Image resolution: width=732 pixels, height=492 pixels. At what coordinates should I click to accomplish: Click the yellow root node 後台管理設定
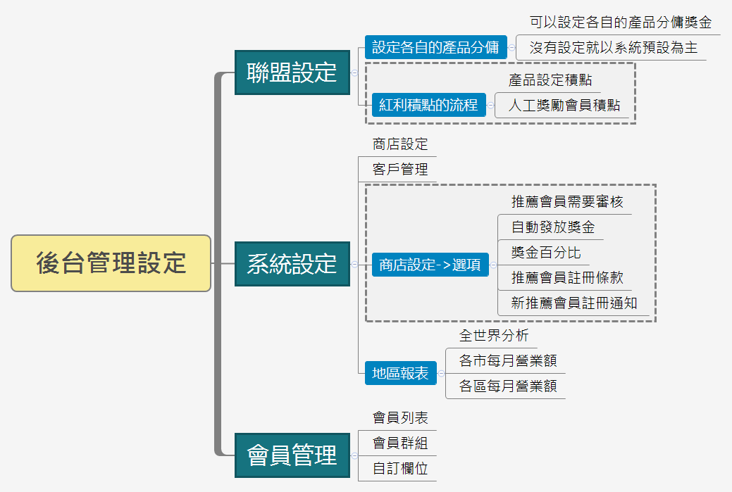click(x=111, y=263)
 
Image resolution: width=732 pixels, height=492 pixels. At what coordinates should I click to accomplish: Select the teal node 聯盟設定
click(x=292, y=72)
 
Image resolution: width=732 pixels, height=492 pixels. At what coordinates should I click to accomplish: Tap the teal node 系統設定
click(x=292, y=264)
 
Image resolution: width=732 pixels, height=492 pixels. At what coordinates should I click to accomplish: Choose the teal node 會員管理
click(x=292, y=455)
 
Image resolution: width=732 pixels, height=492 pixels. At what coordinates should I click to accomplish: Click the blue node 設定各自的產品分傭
click(x=435, y=47)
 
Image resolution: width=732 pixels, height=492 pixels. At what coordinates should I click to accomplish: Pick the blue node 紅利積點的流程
click(x=428, y=106)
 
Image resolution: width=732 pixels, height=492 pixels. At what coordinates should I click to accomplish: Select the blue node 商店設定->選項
click(x=430, y=265)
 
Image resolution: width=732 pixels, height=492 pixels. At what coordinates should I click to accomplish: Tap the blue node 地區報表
click(x=400, y=373)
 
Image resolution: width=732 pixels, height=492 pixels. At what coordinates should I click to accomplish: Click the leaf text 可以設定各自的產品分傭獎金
click(x=621, y=22)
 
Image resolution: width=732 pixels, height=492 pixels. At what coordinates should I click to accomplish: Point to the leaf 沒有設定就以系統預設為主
click(x=613, y=48)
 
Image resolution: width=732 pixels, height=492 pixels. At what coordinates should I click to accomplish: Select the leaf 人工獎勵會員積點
click(x=564, y=106)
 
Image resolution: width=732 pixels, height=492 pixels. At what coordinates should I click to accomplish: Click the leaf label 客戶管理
click(x=400, y=170)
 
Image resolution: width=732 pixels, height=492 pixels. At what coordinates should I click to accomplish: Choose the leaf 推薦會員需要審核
click(x=567, y=202)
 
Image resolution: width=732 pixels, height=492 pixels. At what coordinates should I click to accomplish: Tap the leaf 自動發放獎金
click(x=553, y=227)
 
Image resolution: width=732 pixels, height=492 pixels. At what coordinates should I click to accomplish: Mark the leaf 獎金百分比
click(x=546, y=253)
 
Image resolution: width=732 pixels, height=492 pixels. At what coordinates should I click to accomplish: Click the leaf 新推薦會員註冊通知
click(x=574, y=303)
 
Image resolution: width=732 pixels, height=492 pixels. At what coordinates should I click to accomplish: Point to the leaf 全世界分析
click(x=494, y=336)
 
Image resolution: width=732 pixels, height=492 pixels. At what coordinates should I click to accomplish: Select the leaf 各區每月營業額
click(x=508, y=386)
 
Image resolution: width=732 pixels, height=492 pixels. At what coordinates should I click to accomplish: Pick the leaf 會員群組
click(x=400, y=443)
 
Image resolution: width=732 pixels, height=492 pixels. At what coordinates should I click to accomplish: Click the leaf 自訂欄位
click(x=400, y=468)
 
